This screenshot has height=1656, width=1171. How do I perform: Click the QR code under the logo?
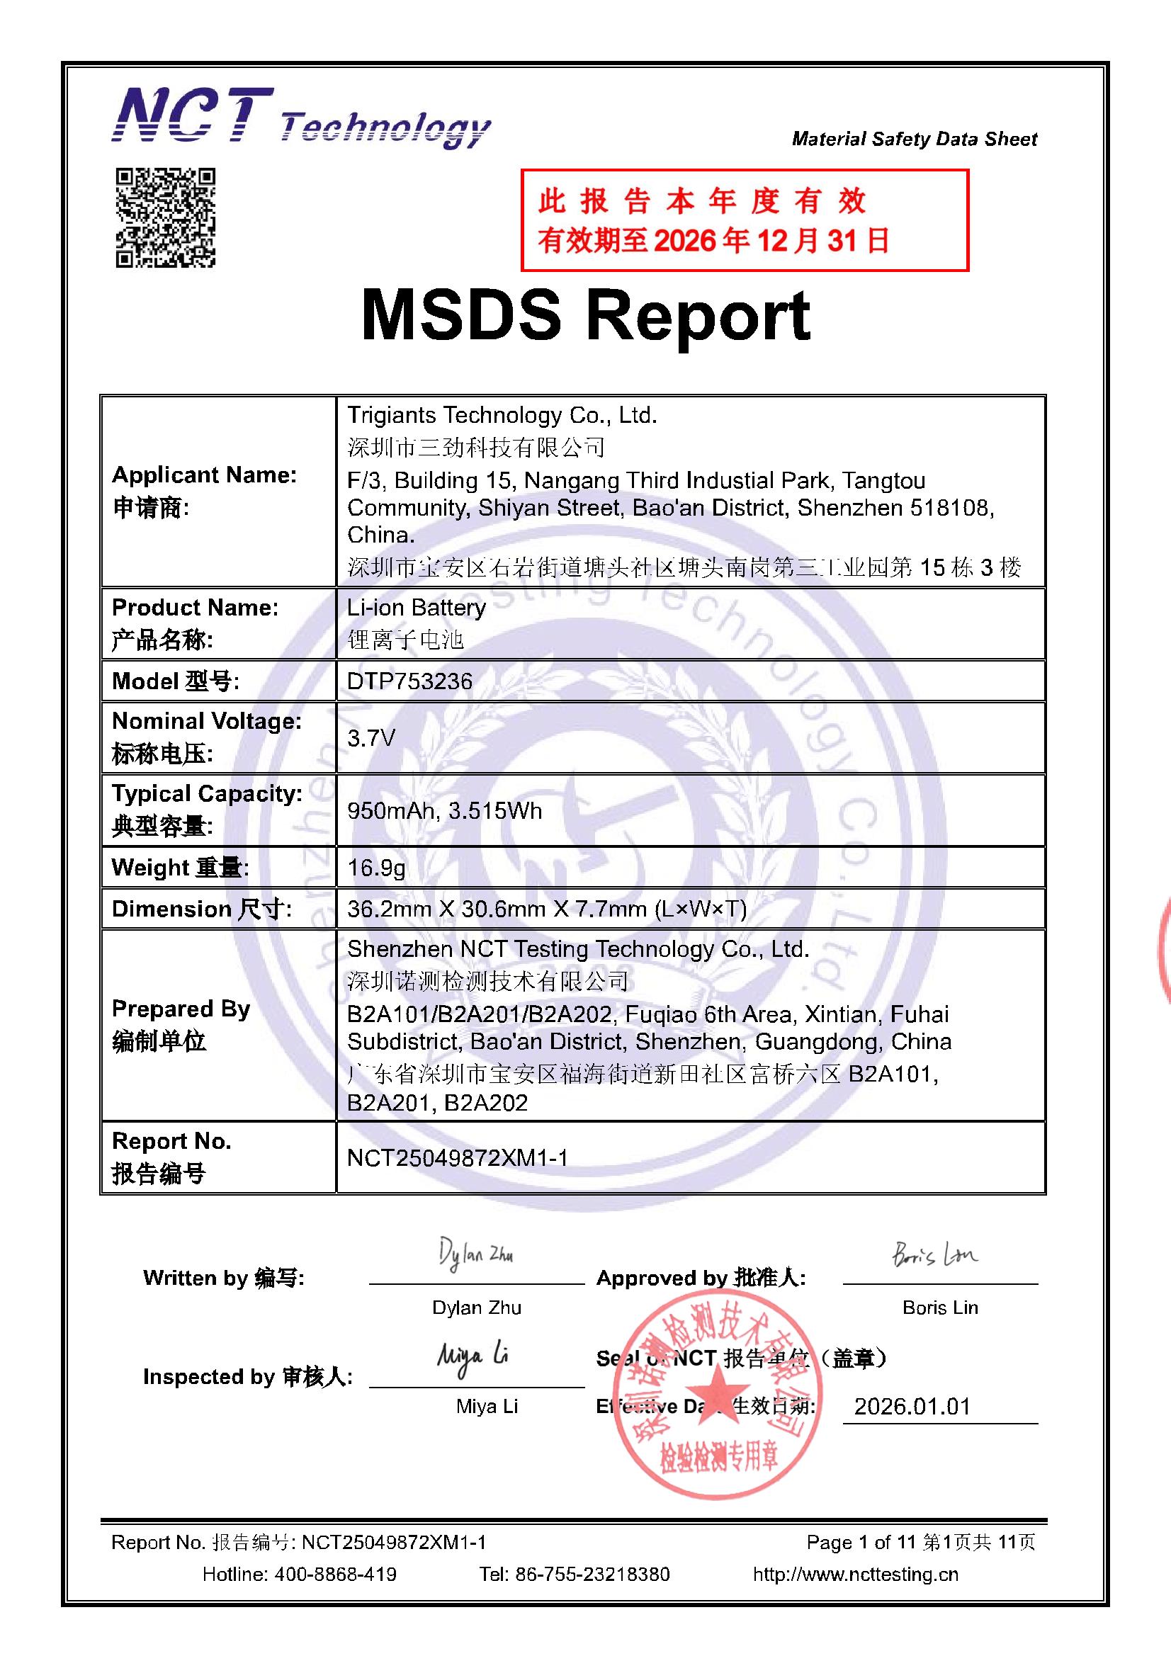165,218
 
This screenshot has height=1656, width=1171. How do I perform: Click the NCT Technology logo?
300,119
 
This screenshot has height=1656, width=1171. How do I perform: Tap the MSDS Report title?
585,315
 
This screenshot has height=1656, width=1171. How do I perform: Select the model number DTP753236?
409,681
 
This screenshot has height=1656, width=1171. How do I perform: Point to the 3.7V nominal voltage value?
371,738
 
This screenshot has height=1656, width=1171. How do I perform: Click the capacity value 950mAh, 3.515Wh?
443,811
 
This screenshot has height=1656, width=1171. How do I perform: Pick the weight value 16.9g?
376,867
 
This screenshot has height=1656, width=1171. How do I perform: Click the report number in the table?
458,1157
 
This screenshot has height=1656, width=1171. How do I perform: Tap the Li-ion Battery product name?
417,607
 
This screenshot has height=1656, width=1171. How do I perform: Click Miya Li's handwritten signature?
473,1357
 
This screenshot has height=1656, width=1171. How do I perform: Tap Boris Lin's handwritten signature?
934,1256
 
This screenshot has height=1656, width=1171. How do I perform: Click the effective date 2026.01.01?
912,1406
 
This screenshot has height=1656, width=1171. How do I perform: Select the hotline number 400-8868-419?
335,1574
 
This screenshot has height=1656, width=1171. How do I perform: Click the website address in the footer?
855,1574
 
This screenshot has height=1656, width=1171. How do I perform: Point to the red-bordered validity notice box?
744,220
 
